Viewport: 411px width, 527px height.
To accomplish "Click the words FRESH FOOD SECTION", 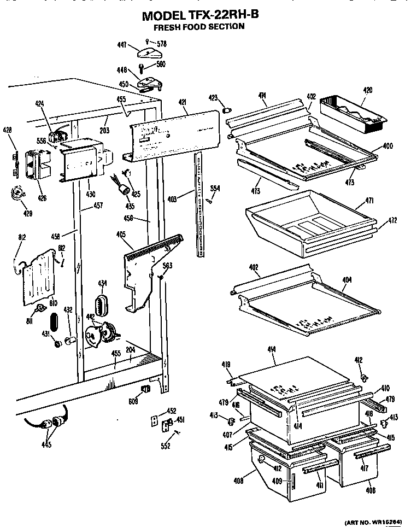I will pyautogui.click(x=198, y=26).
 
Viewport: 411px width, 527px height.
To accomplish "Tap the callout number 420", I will pyautogui.click(x=367, y=90).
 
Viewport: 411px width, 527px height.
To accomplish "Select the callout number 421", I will pyautogui.click(x=181, y=102).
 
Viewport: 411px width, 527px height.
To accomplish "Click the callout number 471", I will pyautogui.click(x=369, y=201).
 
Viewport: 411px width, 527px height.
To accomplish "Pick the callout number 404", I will pyautogui.click(x=347, y=279).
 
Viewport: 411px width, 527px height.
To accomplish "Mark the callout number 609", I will pyautogui.click(x=133, y=401).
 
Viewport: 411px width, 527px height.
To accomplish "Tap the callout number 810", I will pyautogui.click(x=54, y=302).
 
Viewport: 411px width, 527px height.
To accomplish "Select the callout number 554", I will pyautogui.click(x=215, y=189).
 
